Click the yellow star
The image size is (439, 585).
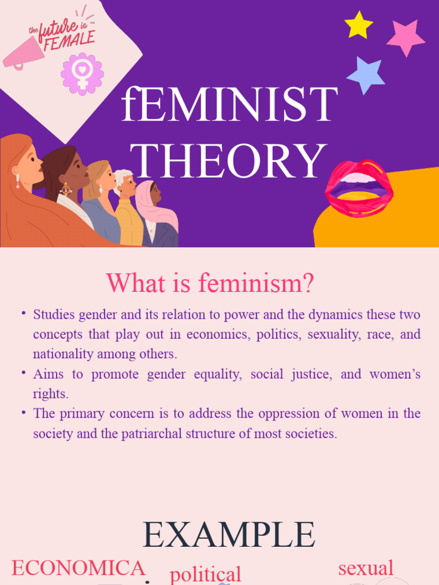coord(358,26)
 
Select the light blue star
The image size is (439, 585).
coord(365,75)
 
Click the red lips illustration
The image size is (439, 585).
coord(359,188)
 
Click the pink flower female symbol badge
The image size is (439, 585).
coord(82,74)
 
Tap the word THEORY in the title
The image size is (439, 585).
coord(228,162)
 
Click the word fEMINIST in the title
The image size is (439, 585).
coord(229,105)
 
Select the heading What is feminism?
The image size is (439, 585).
coord(210,283)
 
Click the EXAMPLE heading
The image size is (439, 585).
coord(229,535)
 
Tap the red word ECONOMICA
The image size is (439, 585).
coord(78,568)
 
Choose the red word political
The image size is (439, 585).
coord(206,574)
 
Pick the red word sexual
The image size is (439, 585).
coord(366,567)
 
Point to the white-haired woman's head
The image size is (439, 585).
coord(125,182)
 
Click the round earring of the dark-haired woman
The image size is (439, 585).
coord(66,189)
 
